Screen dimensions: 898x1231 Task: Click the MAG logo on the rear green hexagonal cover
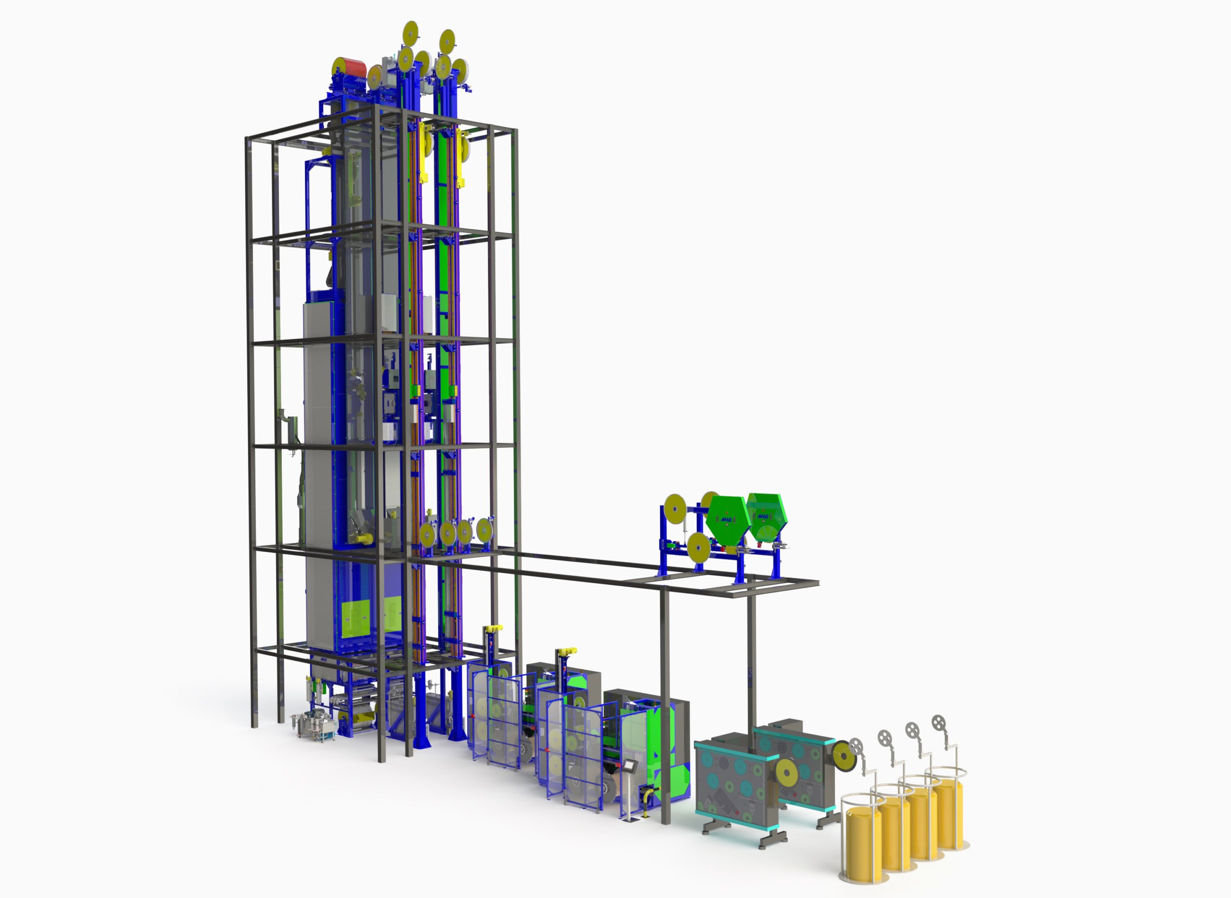[x=763, y=514]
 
